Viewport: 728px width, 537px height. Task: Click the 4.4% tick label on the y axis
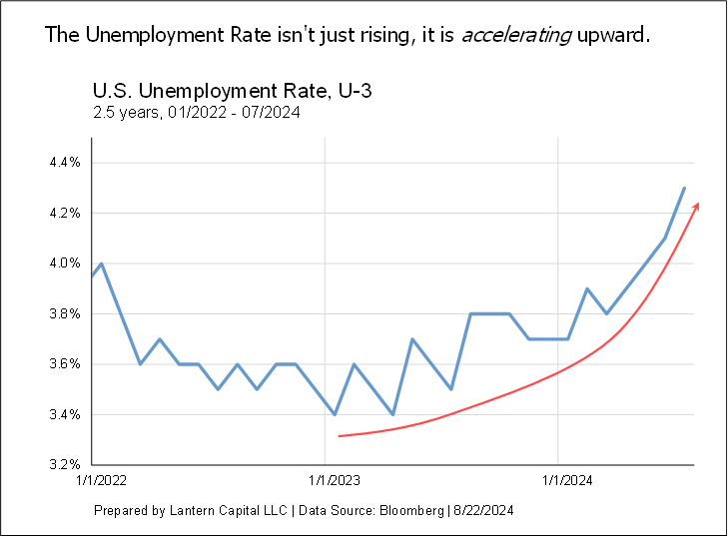tap(63, 163)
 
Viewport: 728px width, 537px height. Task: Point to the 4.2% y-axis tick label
tap(63, 213)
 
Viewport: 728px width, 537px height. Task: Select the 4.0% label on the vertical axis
tap(63, 264)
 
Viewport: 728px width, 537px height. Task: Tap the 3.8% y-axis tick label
tap(63, 313)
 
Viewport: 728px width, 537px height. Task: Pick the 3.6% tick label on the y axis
tap(63, 364)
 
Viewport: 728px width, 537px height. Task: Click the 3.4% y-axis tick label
tap(63, 414)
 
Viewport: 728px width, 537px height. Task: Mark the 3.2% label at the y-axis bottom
tap(63, 465)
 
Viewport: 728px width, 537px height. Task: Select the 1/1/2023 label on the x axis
tap(327, 481)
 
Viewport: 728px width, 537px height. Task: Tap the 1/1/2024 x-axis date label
tap(559, 481)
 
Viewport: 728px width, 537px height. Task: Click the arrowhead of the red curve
tap(696, 207)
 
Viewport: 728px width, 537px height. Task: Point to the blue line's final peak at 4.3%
tap(684, 188)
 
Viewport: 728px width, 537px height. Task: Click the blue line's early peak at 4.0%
tap(102, 264)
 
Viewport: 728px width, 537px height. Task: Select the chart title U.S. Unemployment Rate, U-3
tap(232, 93)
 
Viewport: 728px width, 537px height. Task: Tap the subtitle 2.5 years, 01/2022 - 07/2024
tap(196, 113)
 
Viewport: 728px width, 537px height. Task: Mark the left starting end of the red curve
tap(340, 436)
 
